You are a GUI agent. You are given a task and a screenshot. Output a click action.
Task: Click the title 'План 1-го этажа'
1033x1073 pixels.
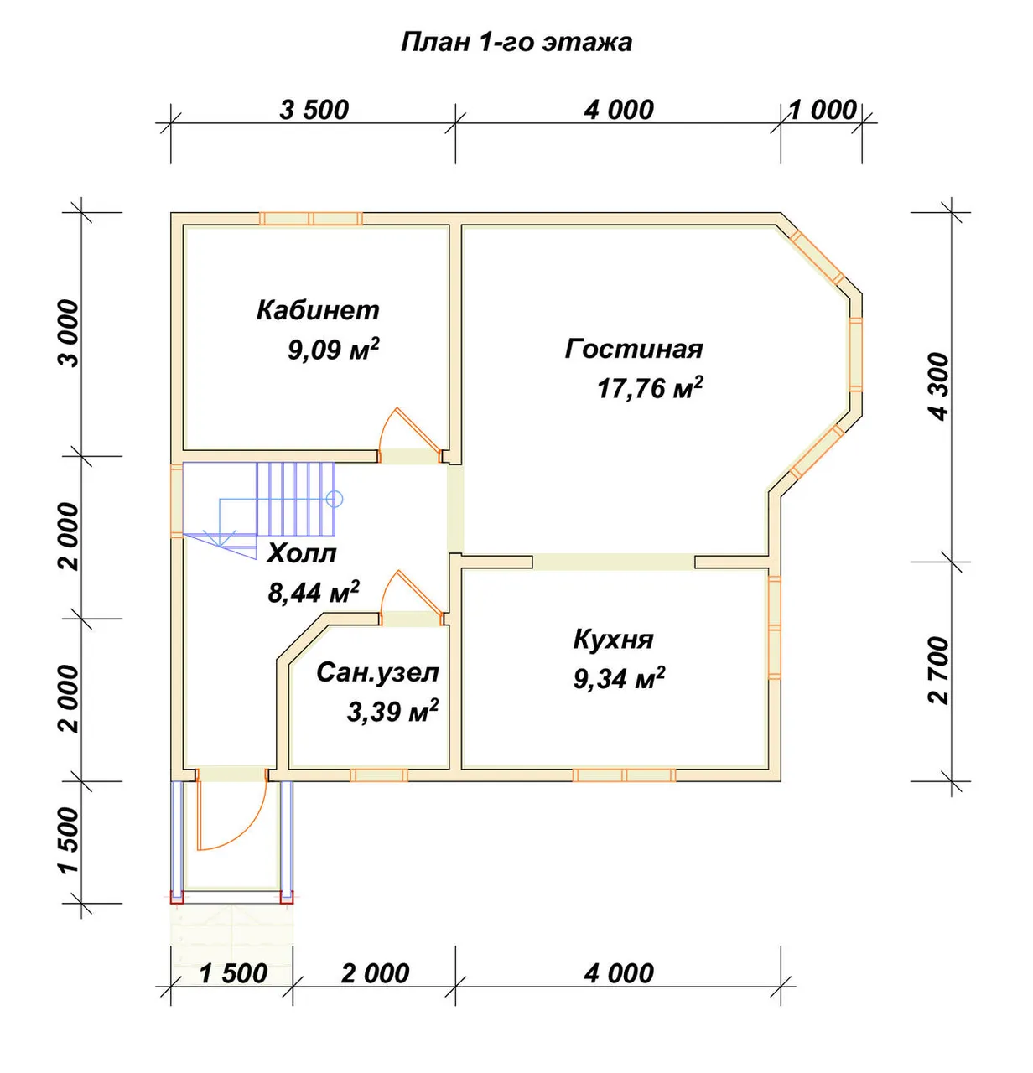[x=516, y=43]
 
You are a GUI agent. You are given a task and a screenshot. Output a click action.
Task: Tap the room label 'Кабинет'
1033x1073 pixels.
[x=318, y=310]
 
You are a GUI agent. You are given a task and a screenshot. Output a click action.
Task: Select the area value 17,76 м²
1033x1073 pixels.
[x=651, y=387]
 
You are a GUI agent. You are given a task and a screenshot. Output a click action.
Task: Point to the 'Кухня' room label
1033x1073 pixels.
[x=613, y=640]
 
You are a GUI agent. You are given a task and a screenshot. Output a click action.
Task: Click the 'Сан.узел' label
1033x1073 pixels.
[x=378, y=673]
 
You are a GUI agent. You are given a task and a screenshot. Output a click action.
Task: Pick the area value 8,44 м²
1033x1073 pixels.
[x=314, y=592]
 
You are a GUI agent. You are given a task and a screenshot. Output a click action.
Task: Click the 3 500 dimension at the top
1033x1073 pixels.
[x=314, y=110]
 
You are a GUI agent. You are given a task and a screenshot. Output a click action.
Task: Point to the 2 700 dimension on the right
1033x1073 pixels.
[x=940, y=671]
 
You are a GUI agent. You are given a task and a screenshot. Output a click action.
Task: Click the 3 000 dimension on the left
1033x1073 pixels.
[x=70, y=334]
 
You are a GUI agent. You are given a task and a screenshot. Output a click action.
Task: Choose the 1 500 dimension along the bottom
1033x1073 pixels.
[x=233, y=973]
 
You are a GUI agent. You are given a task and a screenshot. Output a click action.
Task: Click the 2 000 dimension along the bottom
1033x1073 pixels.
[x=375, y=973]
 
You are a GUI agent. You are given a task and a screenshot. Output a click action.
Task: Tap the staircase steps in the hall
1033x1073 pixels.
[x=296, y=499]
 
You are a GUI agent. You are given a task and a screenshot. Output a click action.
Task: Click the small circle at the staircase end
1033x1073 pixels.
[x=335, y=499]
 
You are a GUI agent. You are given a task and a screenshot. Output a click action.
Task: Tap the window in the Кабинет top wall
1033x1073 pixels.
[x=311, y=219]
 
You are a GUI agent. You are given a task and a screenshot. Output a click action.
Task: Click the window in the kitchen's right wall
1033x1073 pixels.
[x=775, y=628]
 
